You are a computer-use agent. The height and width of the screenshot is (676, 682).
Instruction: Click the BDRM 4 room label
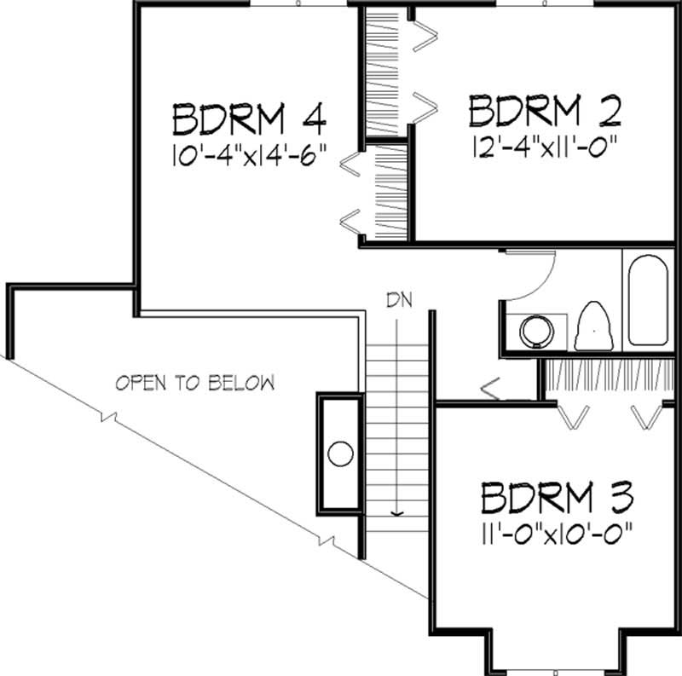(250, 119)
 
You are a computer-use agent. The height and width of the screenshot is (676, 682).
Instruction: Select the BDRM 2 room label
(543, 112)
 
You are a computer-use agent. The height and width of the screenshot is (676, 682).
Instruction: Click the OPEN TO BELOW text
(195, 383)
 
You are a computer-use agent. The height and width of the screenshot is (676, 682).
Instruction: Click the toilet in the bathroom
(594, 328)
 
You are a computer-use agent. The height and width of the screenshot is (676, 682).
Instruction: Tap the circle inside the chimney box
(341, 454)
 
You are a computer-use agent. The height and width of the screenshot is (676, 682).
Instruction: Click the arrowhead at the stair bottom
(396, 512)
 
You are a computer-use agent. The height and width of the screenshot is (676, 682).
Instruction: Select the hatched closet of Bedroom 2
(382, 72)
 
